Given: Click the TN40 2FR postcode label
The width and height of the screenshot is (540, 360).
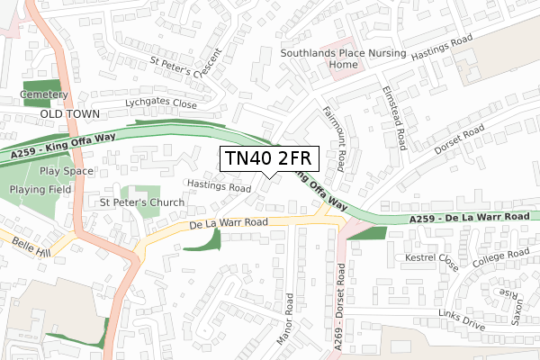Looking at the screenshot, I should [268, 160].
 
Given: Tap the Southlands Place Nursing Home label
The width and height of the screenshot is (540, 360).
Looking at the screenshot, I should [330, 58].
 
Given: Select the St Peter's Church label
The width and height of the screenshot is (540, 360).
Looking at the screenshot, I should [141, 202].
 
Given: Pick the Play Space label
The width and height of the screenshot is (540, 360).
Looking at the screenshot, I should [67, 171].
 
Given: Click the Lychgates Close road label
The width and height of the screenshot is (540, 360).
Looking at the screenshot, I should [161, 103].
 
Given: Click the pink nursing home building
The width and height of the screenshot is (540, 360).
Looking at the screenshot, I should [337, 70].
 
